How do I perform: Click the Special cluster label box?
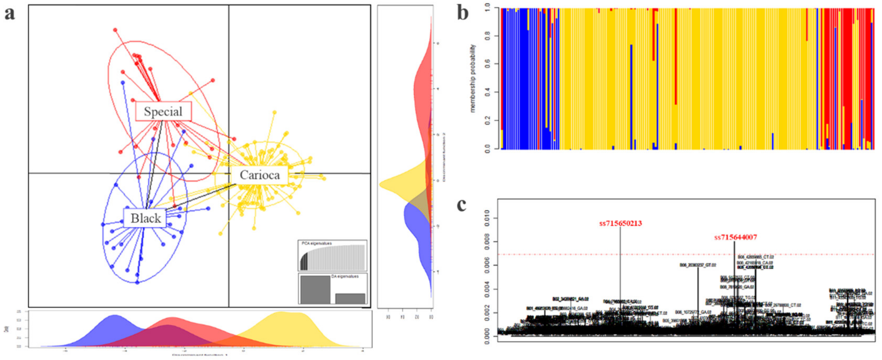click(x=163, y=111)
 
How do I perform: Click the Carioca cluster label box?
click(x=260, y=175)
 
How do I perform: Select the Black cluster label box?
click(x=145, y=218)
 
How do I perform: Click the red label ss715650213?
click(x=620, y=223)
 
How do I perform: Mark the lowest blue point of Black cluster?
click(x=137, y=282)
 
